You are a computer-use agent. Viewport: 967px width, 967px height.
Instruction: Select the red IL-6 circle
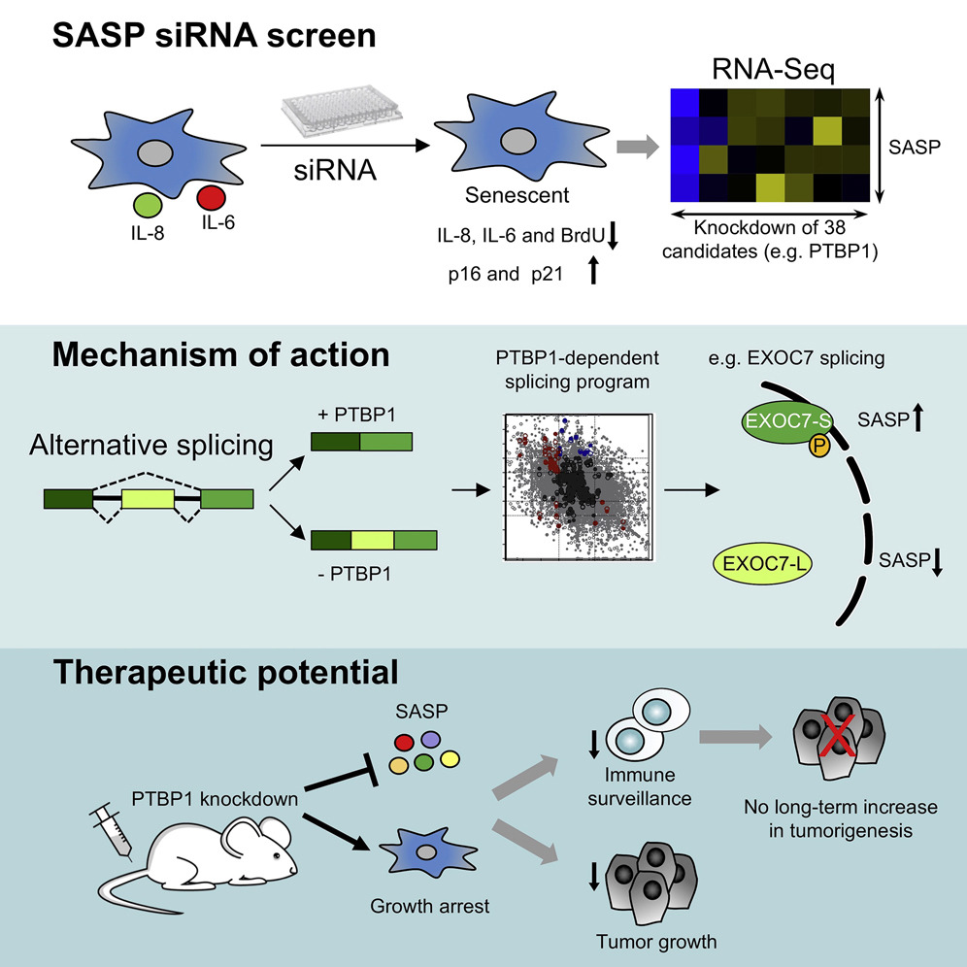click(212, 197)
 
